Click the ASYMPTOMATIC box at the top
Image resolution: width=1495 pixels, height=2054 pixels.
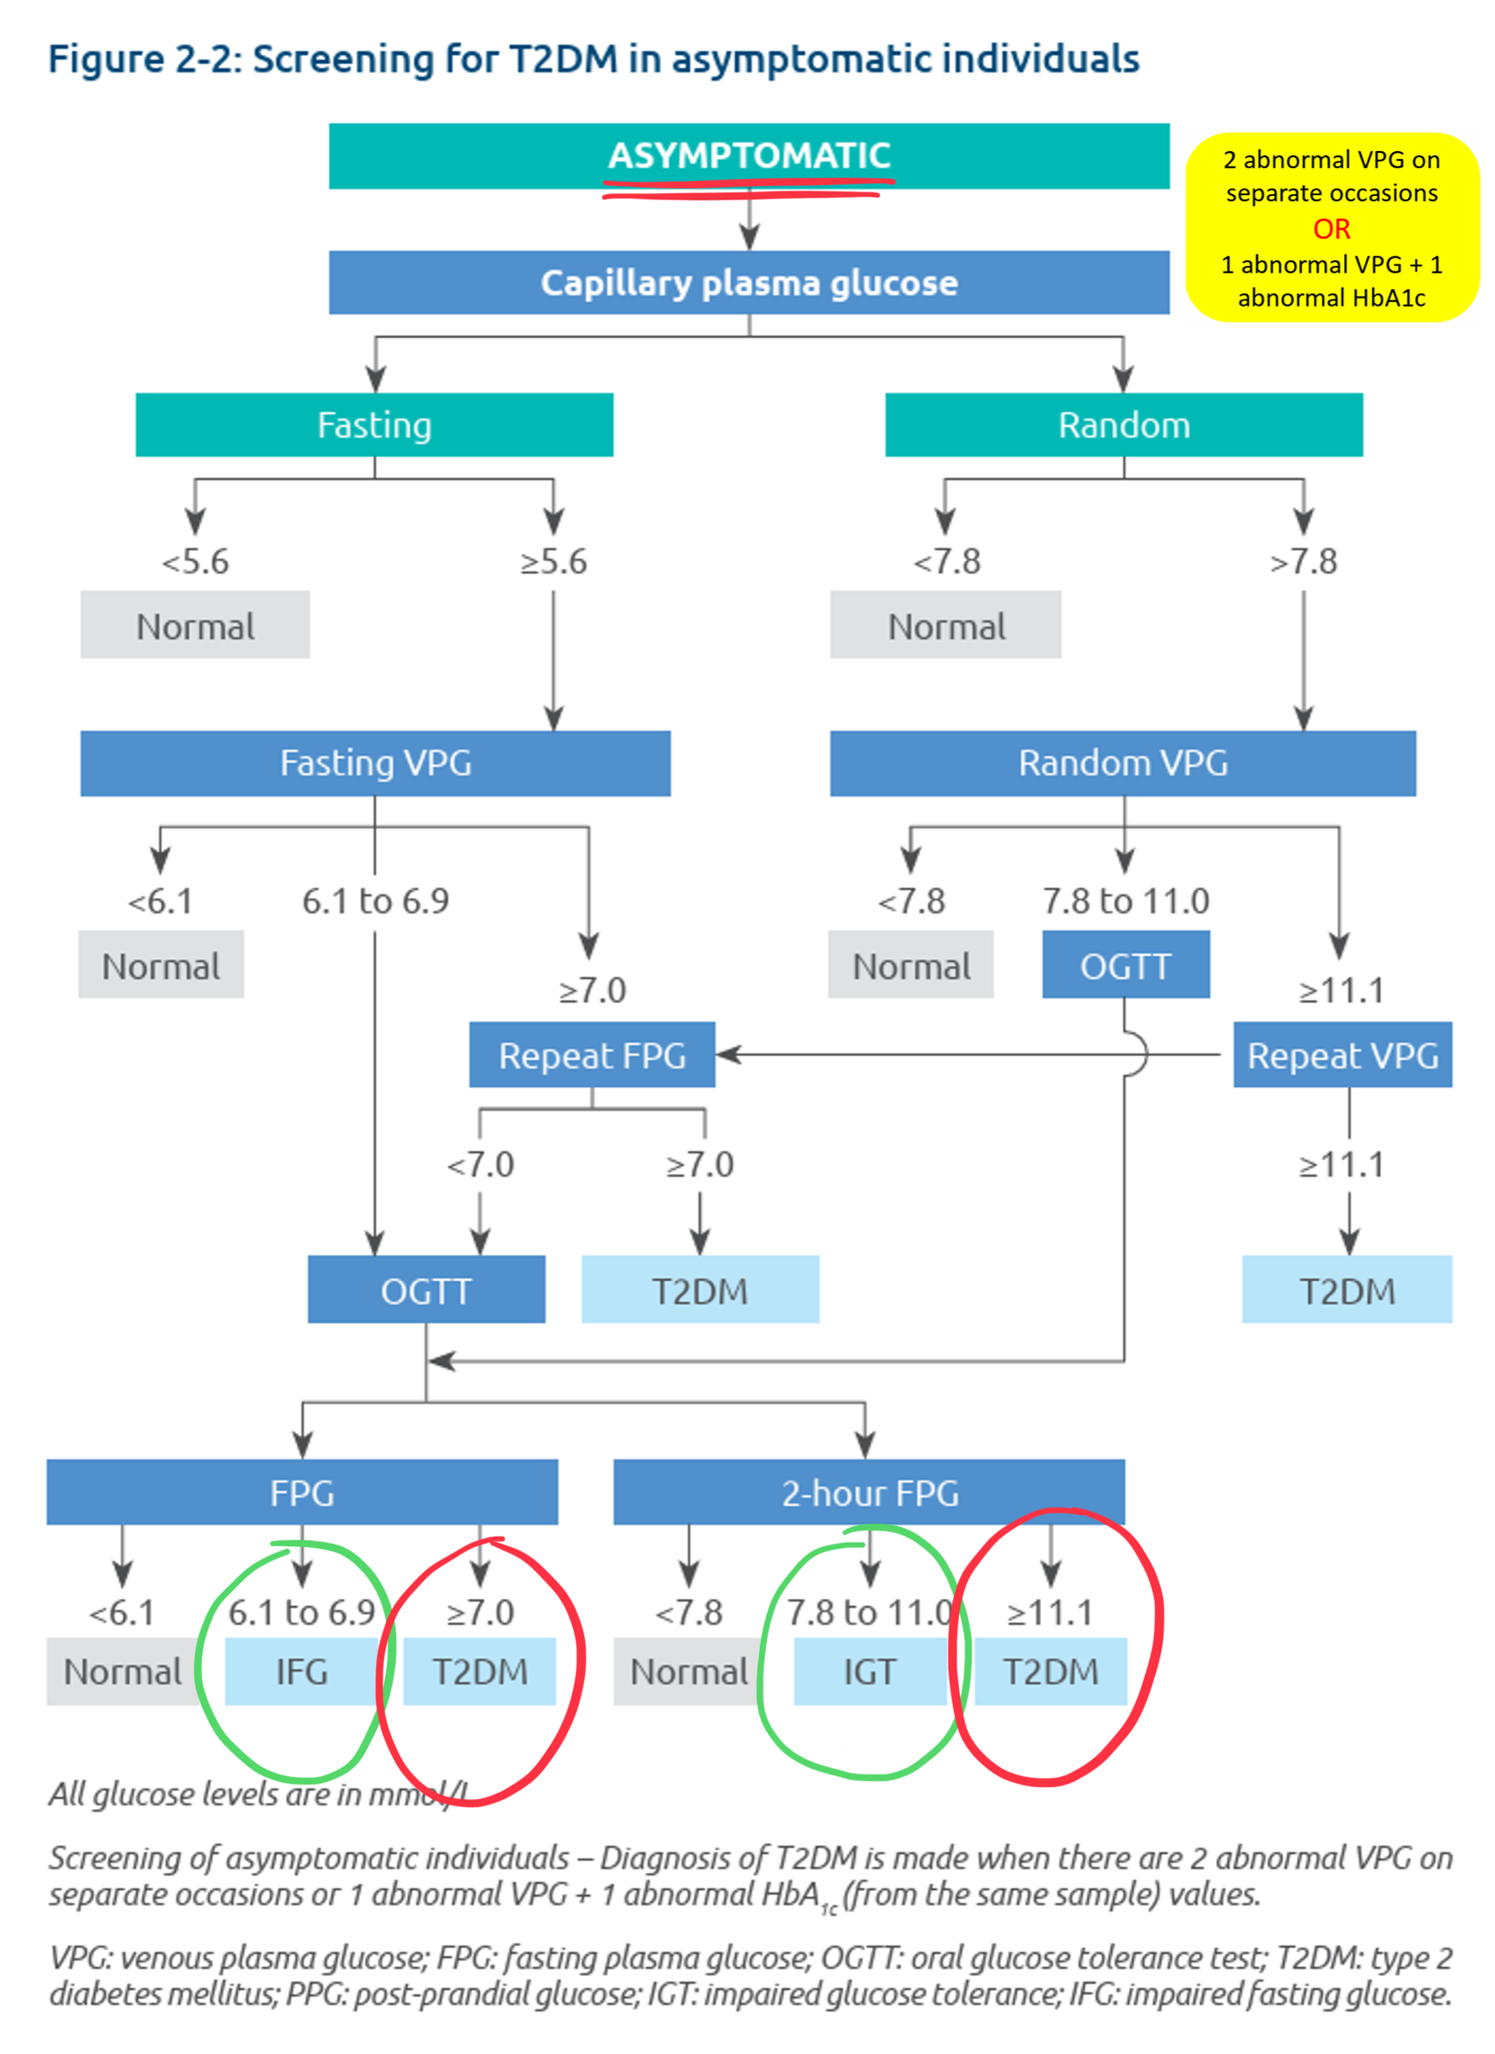(x=749, y=155)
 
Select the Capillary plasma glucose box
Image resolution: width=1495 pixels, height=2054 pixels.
(x=749, y=283)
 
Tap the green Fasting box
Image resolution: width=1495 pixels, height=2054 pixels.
(x=374, y=424)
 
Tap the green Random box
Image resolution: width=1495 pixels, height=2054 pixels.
(x=1123, y=424)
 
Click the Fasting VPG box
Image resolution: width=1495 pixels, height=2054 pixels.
(x=375, y=763)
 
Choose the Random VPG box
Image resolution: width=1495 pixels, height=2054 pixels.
(x=1123, y=763)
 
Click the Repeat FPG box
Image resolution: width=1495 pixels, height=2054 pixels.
(x=591, y=1055)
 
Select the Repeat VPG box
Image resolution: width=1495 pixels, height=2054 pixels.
(x=1343, y=1055)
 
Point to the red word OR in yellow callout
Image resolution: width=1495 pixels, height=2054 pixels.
(x=1331, y=229)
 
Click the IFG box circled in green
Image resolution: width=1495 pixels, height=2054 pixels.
(x=301, y=1671)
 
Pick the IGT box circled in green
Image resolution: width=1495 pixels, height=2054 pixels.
(x=870, y=1671)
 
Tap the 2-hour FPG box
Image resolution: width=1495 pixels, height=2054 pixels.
(x=870, y=1493)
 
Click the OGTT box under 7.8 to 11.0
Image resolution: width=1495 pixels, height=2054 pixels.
(x=1125, y=966)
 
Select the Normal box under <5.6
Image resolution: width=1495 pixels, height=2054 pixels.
(x=195, y=626)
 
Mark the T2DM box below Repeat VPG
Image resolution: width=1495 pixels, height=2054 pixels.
(x=1347, y=1291)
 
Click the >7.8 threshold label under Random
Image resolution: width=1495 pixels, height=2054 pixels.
(x=1303, y=561)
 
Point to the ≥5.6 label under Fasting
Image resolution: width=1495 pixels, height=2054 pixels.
(x=553, y=561)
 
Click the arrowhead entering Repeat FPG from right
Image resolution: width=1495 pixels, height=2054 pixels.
(x=729, y=1054)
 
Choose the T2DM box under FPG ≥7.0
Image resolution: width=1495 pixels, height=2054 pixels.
(x=479, y=1671)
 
